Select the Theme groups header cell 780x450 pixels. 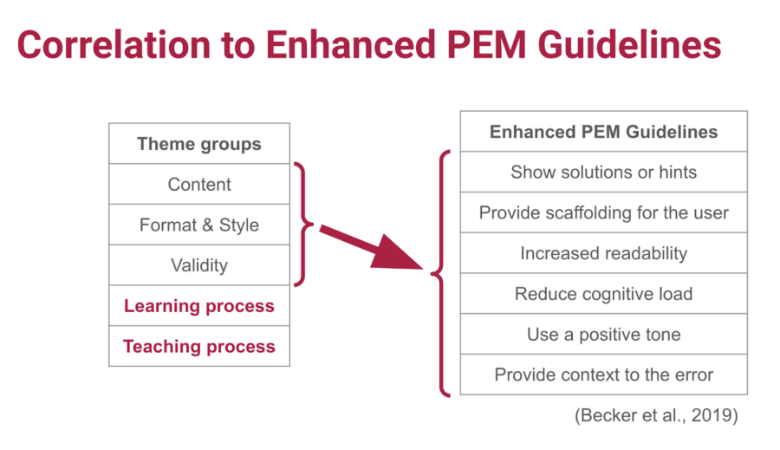199,144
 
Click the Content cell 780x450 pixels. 199,184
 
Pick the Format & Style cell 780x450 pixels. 199,225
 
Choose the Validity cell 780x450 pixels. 199,265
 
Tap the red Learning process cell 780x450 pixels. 199,306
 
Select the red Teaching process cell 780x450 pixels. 199,347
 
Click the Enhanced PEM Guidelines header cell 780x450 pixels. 603,132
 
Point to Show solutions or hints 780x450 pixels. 603,172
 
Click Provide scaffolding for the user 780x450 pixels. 603,212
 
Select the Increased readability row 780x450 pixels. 603,253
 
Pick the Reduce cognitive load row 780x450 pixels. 603,294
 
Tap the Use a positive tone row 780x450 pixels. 603,334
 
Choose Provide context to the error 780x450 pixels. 603,375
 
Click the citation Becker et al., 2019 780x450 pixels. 656,415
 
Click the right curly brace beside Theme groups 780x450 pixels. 304,225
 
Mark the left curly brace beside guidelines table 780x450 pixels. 441,273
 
